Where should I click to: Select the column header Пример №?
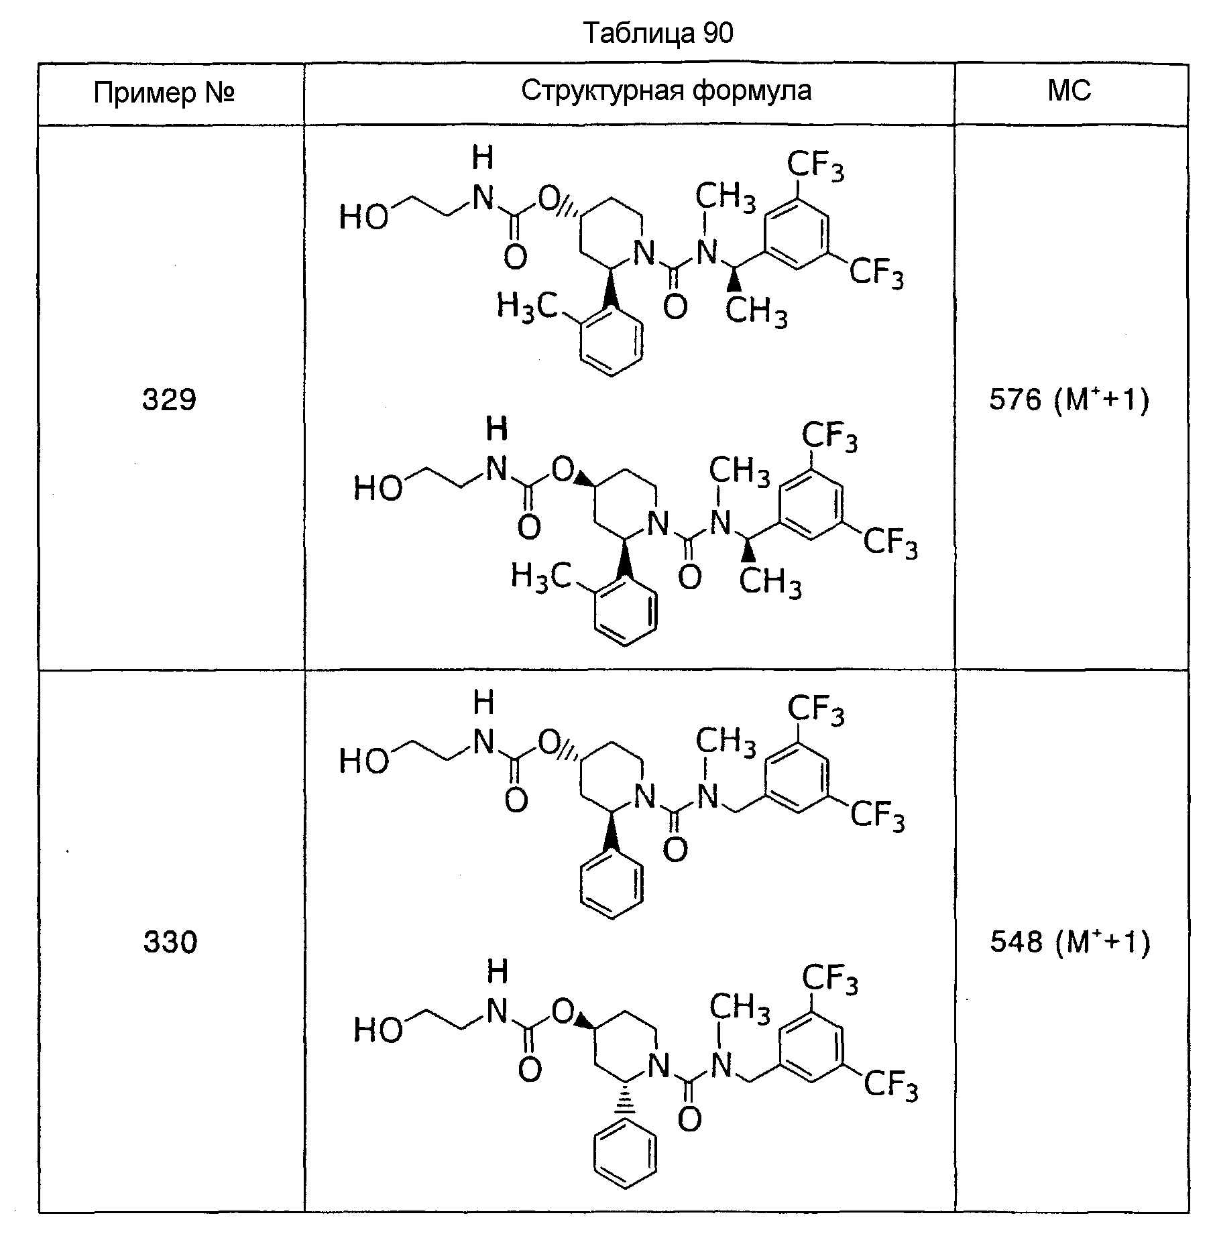point(164,92)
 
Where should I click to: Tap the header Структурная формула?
point(666,90)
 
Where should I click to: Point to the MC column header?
point(1069,90)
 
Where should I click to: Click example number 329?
point(169,399)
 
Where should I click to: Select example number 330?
point(170,942)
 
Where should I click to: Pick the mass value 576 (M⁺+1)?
point(1069,399)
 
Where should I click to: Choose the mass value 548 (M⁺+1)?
point(1070,942)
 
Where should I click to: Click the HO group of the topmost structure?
point(363,217)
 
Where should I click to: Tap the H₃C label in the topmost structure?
point(526,307)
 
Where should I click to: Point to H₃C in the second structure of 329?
point(540,576)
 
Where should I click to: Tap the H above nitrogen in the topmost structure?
point(483,158)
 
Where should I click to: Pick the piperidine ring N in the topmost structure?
point(644,253)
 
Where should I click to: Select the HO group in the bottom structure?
point(378,1030)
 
